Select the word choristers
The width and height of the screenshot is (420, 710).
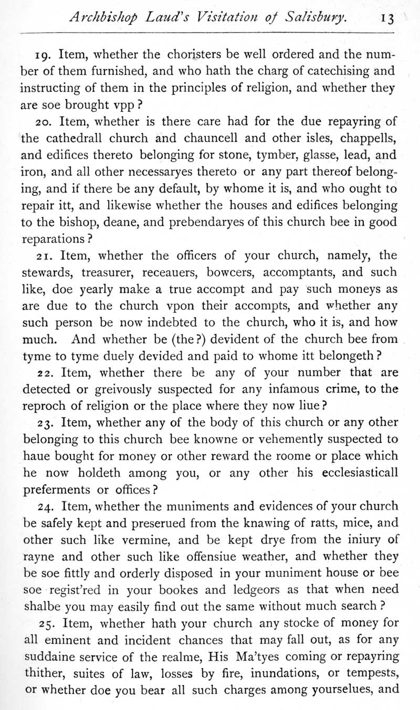coord(194,54)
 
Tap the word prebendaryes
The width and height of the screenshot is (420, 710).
coord(188,222)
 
